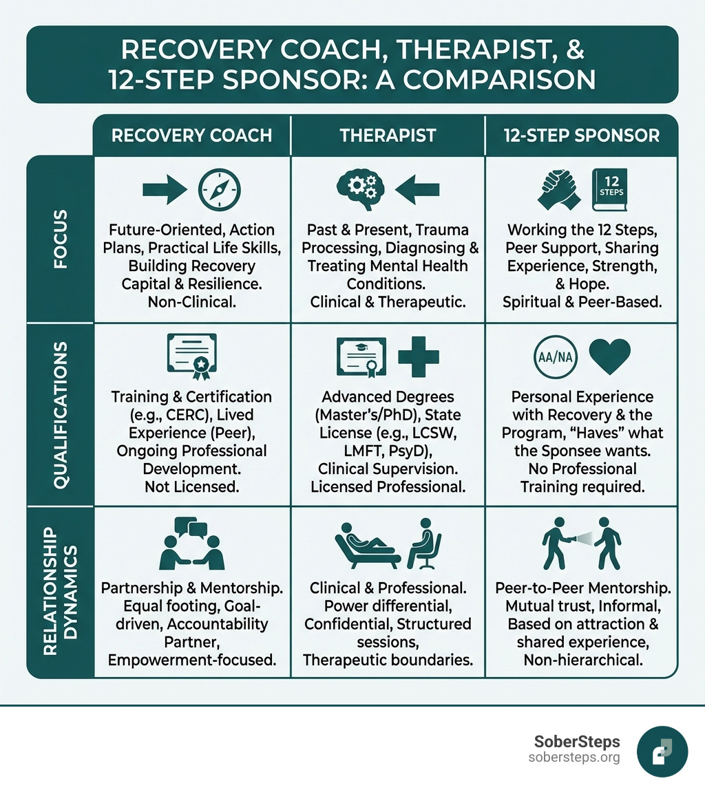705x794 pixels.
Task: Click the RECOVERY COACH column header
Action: (x=191, y=135)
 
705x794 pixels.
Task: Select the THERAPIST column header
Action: (x=388, y=135)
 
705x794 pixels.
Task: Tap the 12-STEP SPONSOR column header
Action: (x=582, y=135)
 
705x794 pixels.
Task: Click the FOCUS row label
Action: (x=60, y=239)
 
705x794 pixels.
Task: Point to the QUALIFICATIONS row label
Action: (x=60, y=414)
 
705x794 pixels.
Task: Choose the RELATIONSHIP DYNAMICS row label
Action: (x=60, y=592)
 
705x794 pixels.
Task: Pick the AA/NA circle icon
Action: (x=556, y=359)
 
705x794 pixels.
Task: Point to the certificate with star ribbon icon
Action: (x=192, y=356)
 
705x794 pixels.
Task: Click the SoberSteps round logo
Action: (x=662, y=751)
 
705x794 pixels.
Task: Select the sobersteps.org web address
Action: (x=574, y=758)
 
